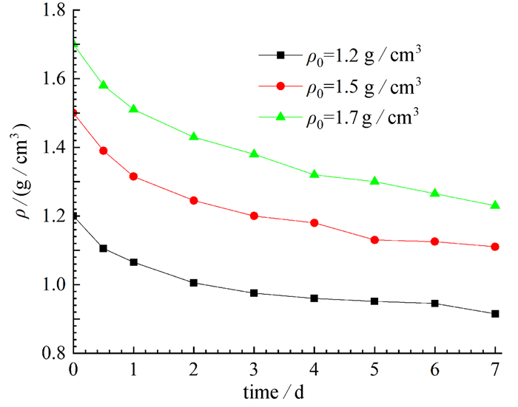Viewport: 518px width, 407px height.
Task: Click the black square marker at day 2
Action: pyautogui.click(x=194, y=283)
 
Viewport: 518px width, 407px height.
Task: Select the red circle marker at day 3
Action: pyautogui.click(x=254, y=216)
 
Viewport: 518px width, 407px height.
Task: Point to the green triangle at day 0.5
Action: pyautogui.click(x=104, y=85)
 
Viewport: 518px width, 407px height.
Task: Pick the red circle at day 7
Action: pyautogui.click(x=494, y=247)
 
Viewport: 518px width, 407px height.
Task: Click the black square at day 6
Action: pyautogui.click(x=434, y=304)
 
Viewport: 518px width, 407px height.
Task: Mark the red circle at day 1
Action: pyautogui.click(x=134, y=176)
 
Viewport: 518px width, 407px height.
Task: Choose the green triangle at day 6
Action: pyautogui.click(x=434, y=193)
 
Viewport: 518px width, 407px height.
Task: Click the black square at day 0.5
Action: pyautogui.click(x=104, y=248)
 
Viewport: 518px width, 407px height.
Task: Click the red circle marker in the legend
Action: pyautogui.click(x=281, y=86)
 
